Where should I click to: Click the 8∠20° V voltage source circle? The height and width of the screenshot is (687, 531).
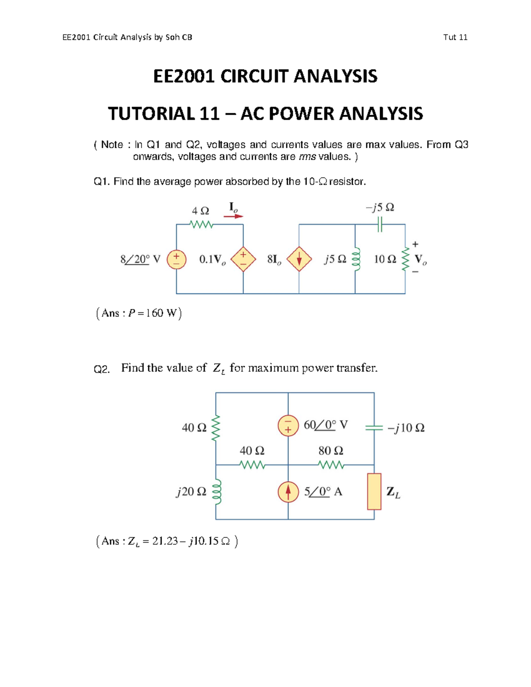click(176, 260)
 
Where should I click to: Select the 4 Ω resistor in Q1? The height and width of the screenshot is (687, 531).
click(201, 225)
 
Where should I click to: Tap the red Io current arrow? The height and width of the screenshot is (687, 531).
click(233, 216)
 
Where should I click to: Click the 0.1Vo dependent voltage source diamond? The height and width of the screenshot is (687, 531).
click(243, 260)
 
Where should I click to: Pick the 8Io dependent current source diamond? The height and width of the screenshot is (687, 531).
click(299, 259)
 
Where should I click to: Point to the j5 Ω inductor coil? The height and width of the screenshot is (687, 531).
click(356, 260)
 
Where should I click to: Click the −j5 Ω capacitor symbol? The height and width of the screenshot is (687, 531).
click(380, 225)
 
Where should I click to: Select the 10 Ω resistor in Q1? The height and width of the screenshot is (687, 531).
click(405, 259)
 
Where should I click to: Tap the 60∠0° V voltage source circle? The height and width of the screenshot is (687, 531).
click(288, 426)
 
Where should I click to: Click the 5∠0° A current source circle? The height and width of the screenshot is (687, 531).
click(288, 491)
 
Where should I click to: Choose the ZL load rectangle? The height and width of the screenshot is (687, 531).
click(374, 491)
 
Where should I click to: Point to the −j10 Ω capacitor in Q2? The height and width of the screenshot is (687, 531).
click(374, 428)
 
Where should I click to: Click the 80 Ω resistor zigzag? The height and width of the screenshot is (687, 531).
click(331, 465)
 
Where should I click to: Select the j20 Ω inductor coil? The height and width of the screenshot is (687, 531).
click(216, 492)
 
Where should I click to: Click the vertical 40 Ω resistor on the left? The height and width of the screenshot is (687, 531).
click(216, 428)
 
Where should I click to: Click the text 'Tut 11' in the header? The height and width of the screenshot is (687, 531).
click(455, 37)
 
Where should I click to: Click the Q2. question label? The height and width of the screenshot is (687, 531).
click(101, 369)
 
